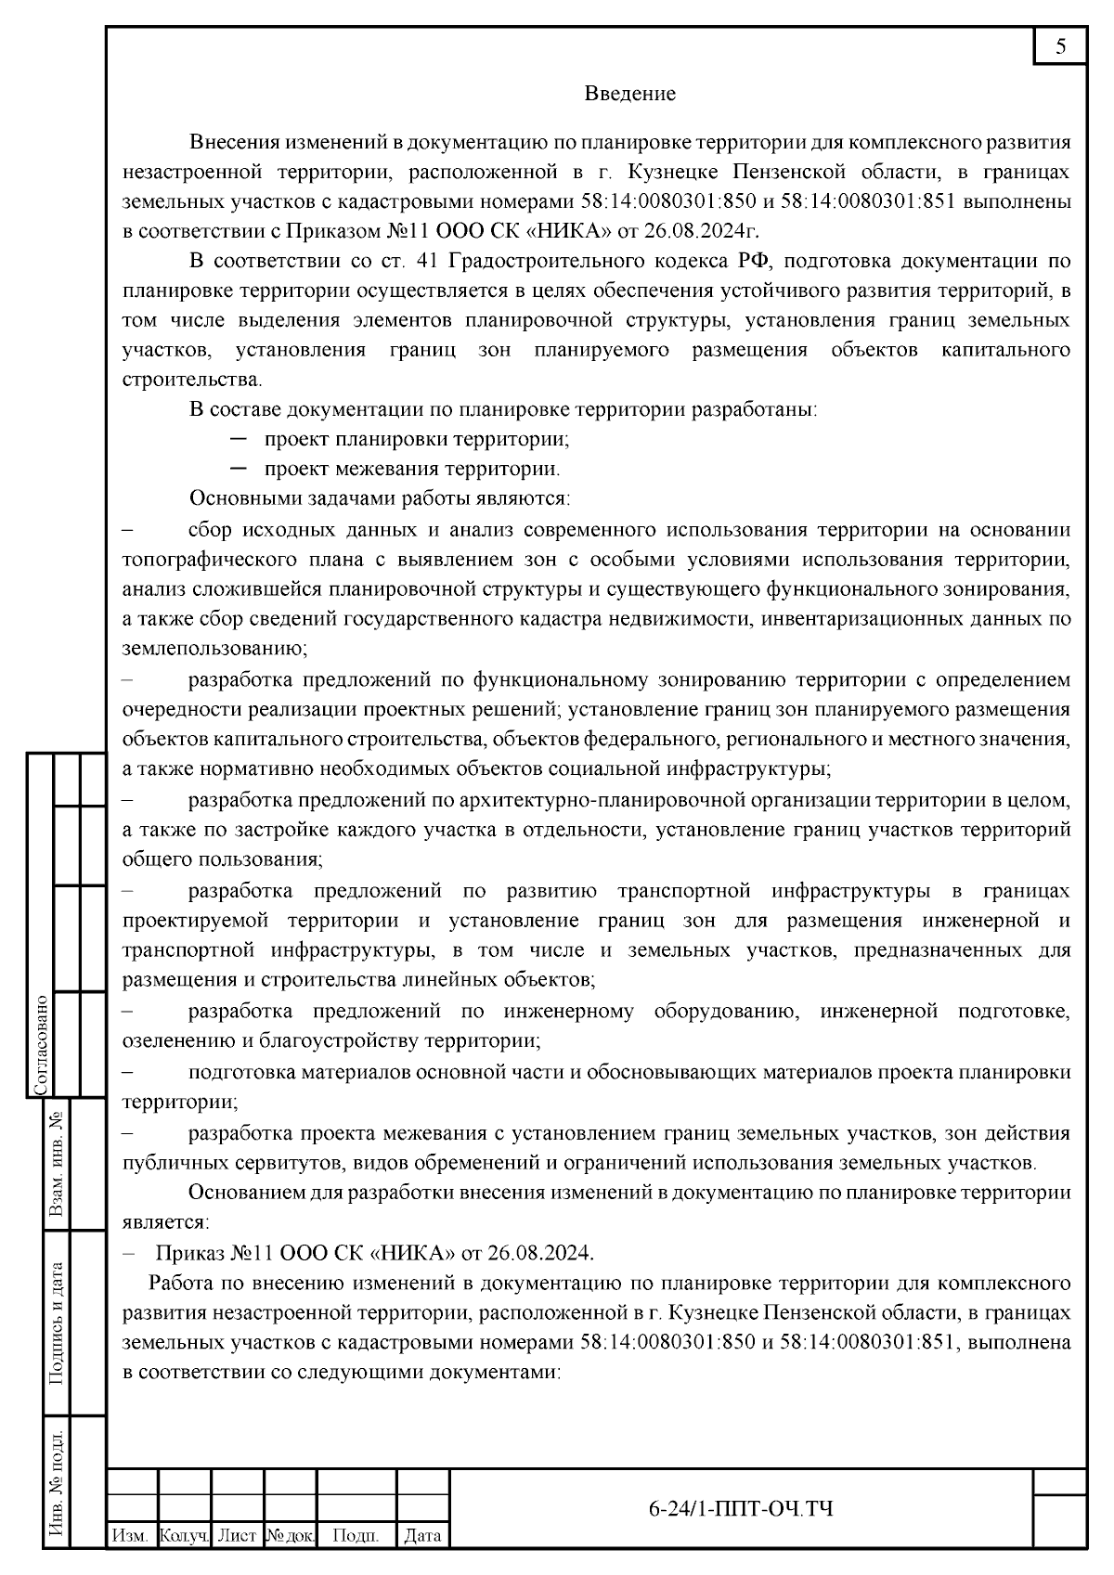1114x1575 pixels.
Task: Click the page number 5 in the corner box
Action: tap(1060, 47)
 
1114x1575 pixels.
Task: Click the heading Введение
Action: tap(629, 94)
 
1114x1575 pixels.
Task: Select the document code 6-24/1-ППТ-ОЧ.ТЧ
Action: tap(740, 1509)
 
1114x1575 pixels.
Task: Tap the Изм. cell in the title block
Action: tap(130, 1536)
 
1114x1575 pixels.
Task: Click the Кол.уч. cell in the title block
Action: tap(184, 1536)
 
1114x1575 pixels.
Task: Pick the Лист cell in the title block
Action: tap(237, 1536)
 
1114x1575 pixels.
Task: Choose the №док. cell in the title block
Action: tap(291, 1536)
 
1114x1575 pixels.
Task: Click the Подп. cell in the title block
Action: tap(356, 1536)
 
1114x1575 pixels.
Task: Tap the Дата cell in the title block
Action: tap(422, 1536)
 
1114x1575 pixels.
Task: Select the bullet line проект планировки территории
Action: tap(416, 439)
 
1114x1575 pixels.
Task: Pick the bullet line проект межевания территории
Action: tap(411, 469)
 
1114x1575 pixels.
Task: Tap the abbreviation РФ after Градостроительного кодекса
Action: tap(753, 261)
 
